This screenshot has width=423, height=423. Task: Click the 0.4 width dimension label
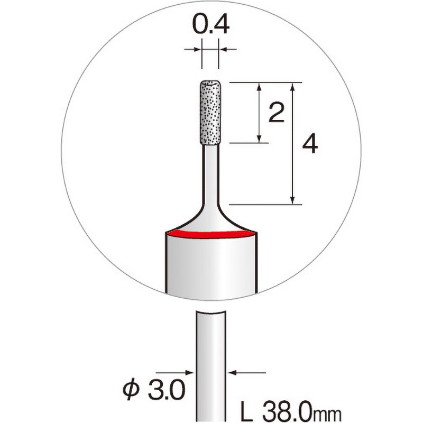(x=210, y=25)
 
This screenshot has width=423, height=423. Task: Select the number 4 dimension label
(x=310, y=144)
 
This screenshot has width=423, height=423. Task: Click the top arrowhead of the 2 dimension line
(x=260, y=87)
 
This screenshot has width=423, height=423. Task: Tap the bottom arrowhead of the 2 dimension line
(x=260, y=138)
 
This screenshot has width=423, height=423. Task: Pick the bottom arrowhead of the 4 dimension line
(x=292, y=199)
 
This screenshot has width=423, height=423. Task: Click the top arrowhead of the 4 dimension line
(x=292, y=87)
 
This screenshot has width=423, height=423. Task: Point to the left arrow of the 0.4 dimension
(x=196, y=50)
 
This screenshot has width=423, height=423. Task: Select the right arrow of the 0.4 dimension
(x=224, y=50)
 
